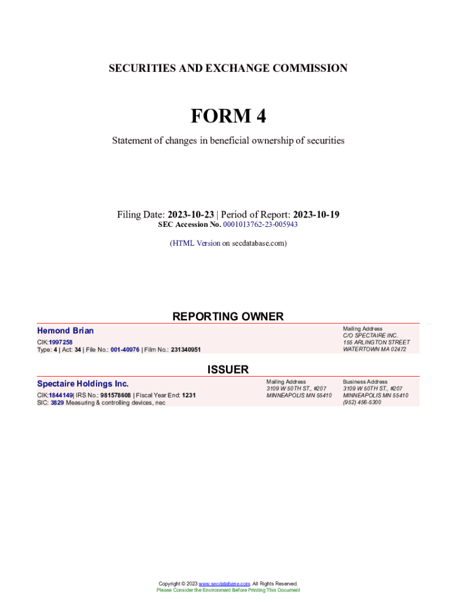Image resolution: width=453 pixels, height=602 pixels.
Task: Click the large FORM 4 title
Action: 228,116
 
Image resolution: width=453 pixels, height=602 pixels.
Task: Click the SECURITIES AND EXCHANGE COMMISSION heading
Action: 228,68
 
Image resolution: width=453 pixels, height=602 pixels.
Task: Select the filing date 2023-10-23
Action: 191,215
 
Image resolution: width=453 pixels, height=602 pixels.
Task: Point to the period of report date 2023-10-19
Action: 316,215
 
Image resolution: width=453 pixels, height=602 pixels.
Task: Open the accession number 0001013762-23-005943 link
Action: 260,225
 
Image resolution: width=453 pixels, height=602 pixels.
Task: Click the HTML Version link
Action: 196,243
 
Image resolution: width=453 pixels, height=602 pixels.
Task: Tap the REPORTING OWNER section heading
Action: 228,316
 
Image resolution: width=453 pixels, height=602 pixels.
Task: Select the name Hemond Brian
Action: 65,330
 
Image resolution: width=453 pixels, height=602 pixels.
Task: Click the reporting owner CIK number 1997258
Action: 61,342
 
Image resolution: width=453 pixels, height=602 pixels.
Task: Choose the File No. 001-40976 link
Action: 125,349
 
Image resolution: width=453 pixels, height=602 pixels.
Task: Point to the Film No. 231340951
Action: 186,349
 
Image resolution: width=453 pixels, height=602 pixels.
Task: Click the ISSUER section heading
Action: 228,369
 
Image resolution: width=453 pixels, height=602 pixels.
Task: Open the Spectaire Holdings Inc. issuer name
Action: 83,383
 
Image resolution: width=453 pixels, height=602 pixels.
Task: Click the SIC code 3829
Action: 57,403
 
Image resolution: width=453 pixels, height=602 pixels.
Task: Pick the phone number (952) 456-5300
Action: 362,402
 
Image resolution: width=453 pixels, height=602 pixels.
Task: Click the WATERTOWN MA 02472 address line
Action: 374,349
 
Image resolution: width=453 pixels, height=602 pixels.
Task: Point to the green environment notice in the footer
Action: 228,590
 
